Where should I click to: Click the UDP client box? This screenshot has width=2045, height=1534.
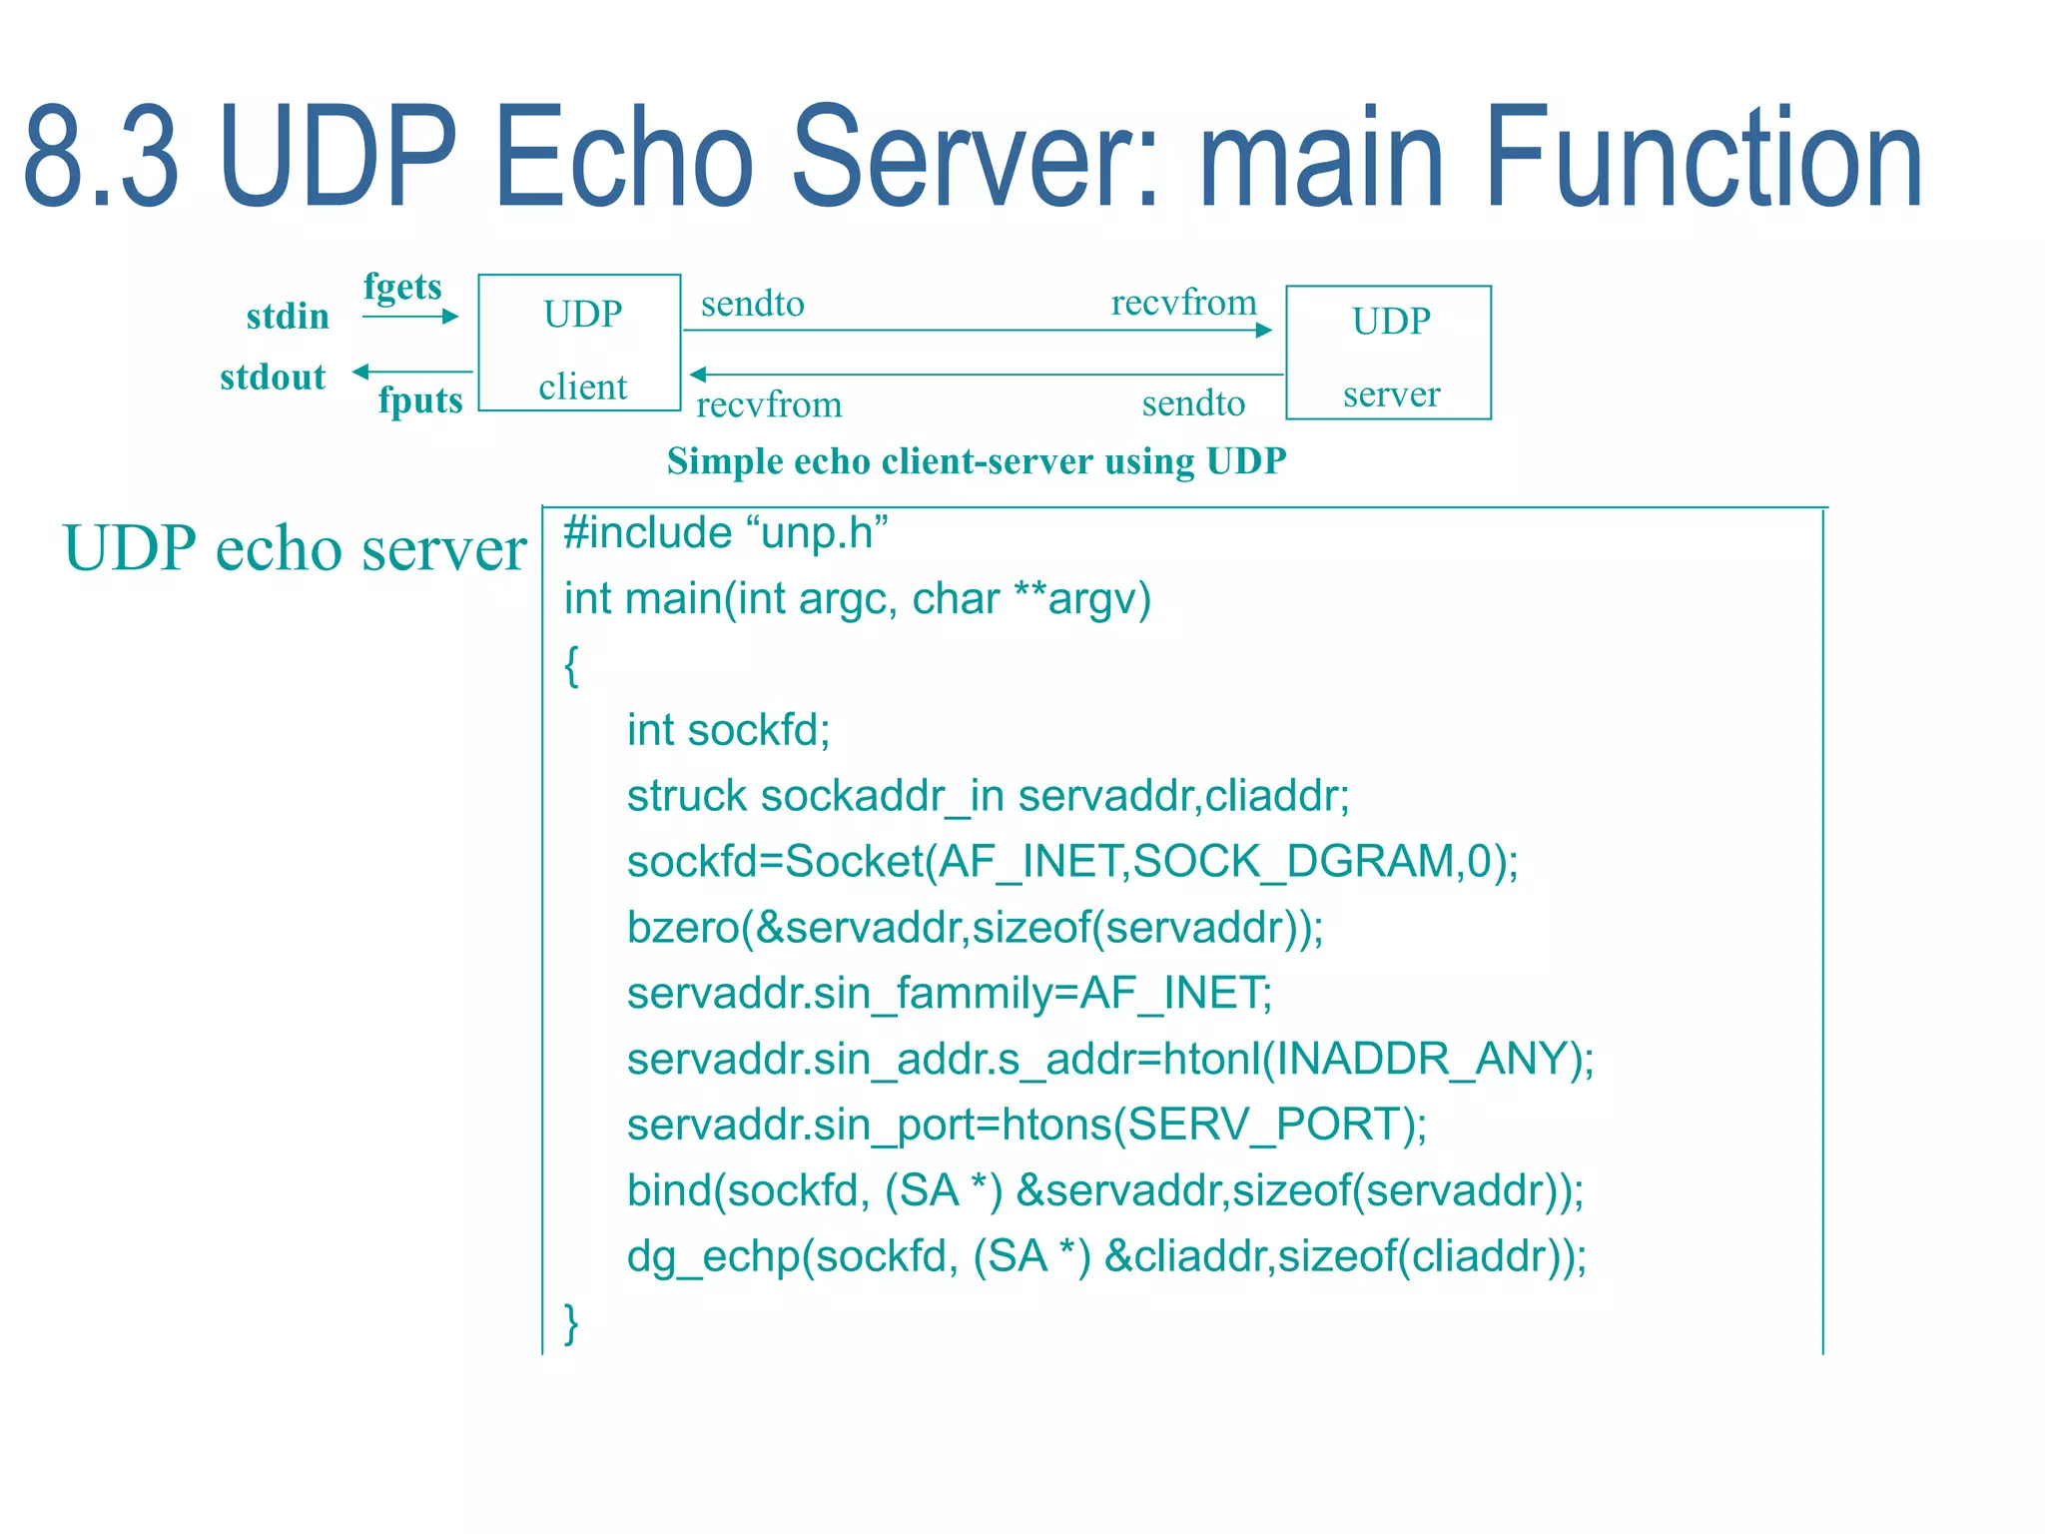pos(579,343)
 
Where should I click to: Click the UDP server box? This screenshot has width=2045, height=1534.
pos(1388,353)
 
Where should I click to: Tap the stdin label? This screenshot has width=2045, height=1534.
pos(288,317)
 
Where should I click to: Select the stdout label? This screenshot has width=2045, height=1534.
pos(273,378)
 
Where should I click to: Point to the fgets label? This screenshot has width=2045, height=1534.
pos(402,287)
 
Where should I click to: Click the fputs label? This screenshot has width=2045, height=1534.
pos(420,400)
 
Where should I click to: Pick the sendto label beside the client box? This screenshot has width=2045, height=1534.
pos(752,304)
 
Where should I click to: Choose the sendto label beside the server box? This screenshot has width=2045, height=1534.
pos(1193,403)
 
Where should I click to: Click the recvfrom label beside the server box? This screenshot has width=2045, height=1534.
pos(1183,303)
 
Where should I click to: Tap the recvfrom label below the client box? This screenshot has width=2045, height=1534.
pos(769,405)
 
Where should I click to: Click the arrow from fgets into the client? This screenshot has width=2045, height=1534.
pos(409,317)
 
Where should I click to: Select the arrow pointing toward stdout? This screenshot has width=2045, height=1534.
pos(411,372)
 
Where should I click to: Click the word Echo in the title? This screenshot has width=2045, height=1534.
pos(623,158)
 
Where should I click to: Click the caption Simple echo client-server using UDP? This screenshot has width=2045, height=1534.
pos(976,461)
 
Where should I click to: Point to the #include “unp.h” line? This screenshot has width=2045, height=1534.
pos(725,533)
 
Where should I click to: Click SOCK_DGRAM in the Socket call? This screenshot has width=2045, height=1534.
pos(1293,861)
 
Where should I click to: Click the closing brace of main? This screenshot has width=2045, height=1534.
pos(571,1322)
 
